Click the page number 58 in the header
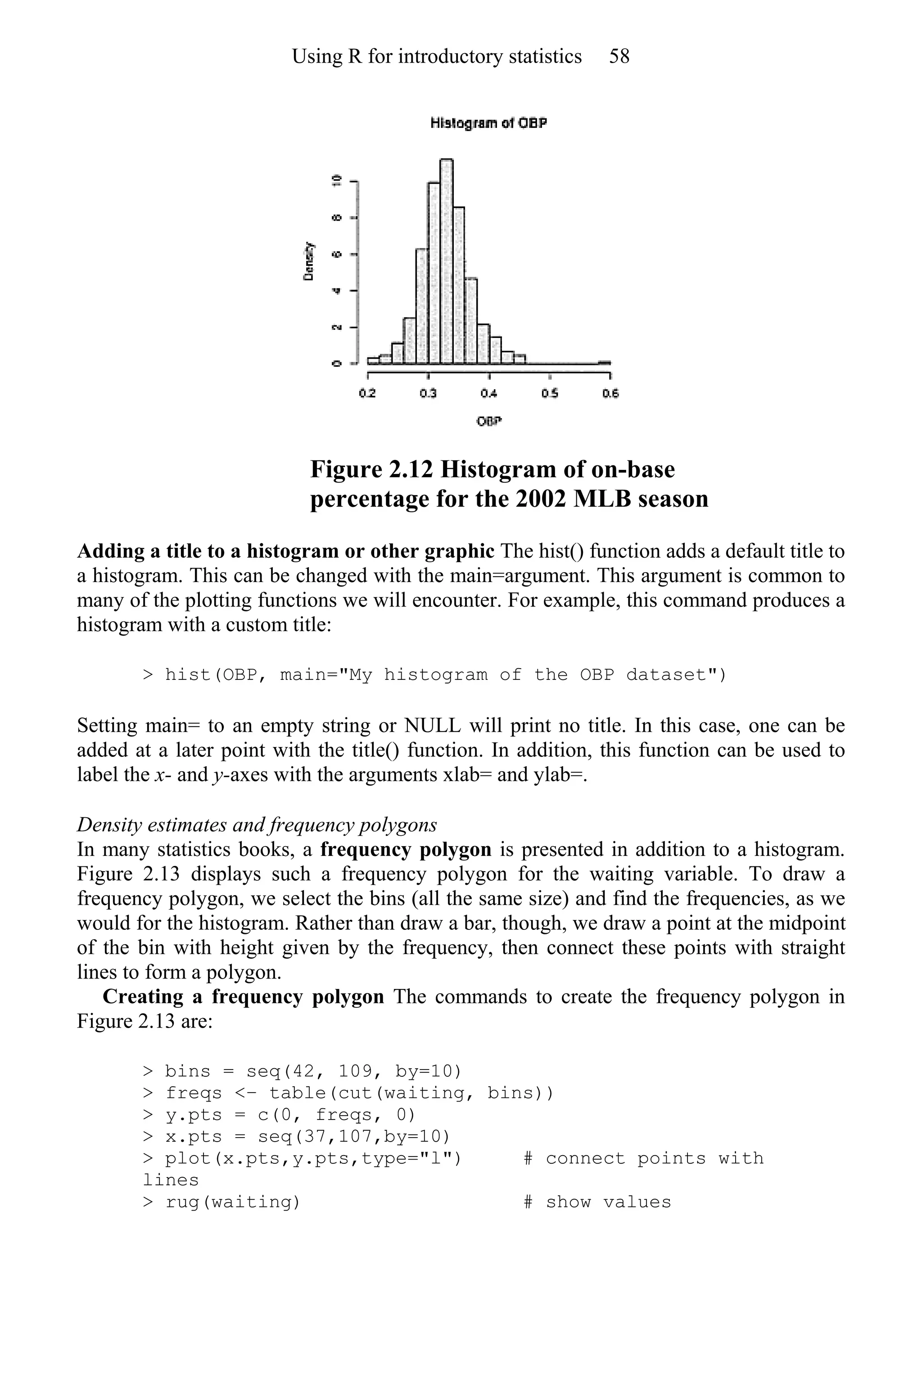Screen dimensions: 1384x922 tap(619, 56)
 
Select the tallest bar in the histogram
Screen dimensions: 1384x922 tap(446, 262)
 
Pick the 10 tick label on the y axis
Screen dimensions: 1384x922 tap(337, 181)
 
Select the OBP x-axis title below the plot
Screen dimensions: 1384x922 tap(488, 421)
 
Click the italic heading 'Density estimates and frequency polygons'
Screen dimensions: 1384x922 tap(257, 824)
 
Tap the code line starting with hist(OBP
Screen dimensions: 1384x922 tap(434, 674)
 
